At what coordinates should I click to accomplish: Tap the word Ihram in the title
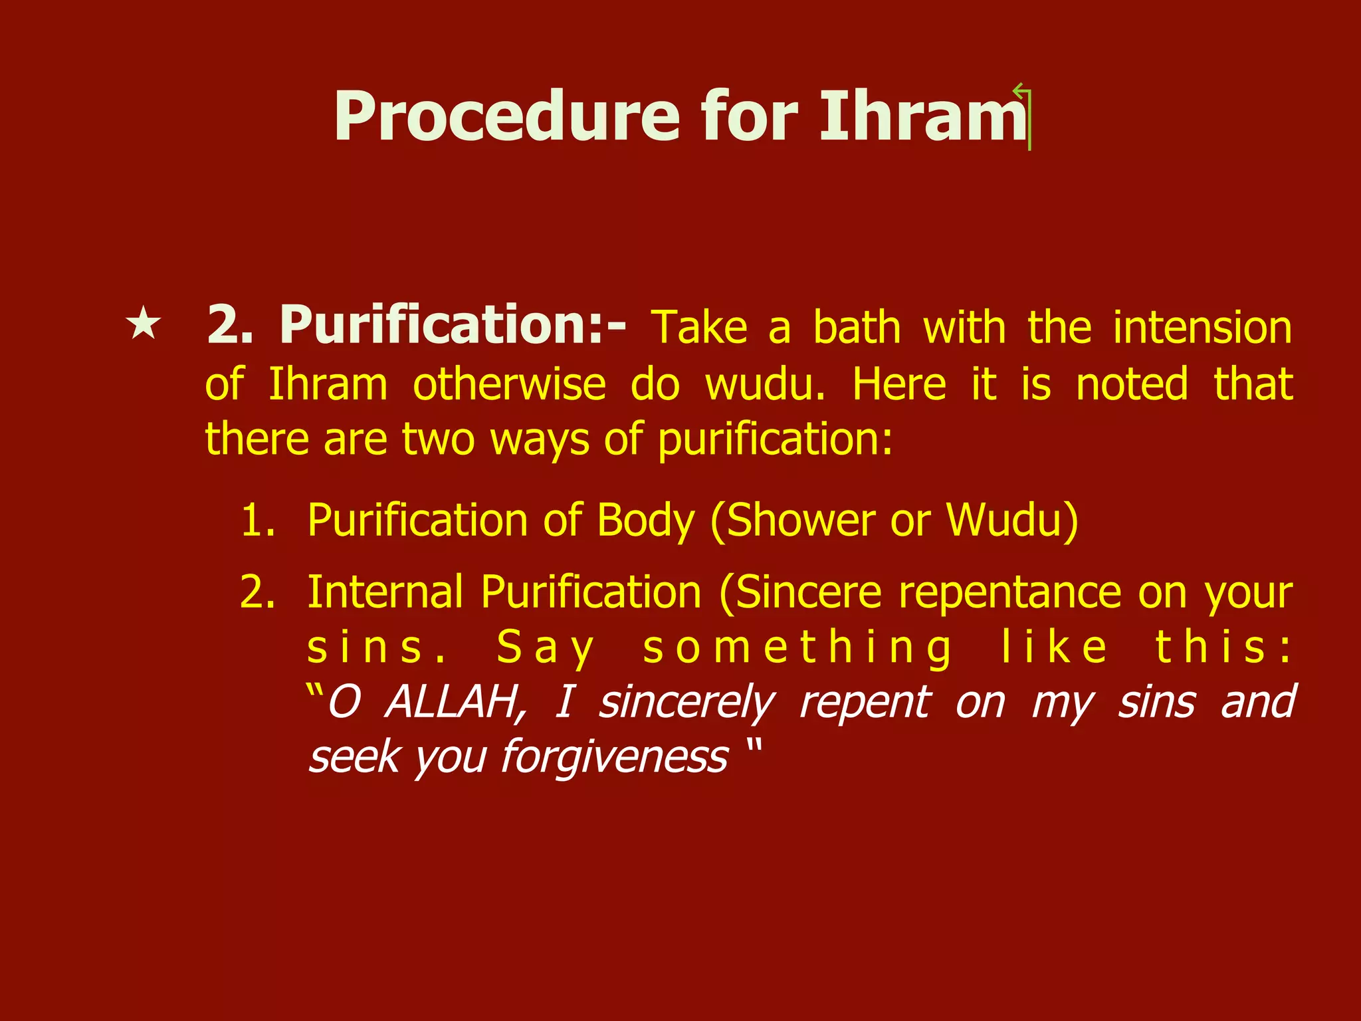click(922, 118)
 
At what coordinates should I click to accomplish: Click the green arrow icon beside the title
click(1023, 116)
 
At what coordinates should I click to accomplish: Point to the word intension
click(1202, 328)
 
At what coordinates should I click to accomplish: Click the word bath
click(857, 328)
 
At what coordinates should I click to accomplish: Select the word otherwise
click(509, 384)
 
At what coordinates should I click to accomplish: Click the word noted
click(1131, 384)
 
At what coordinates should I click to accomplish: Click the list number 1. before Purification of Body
click(258, 520)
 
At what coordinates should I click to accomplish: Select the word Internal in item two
click(385, 592)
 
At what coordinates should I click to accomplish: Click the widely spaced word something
click(797, 648)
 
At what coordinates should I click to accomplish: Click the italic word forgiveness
click(615, 757)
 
